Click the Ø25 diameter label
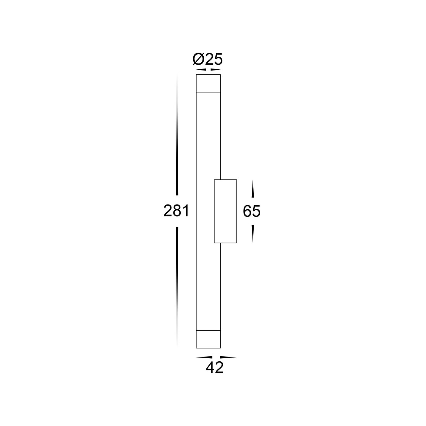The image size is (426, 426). click(208, 59)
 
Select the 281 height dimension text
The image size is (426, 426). click(176, 211)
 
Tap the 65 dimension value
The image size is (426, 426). click(252, 211)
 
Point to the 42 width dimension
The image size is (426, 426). click(215, 368)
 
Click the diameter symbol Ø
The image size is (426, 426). click(198, 59)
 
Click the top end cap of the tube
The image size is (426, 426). click(208, 83)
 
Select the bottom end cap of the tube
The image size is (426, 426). click(208, 339)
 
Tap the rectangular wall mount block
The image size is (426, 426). click(225, 211)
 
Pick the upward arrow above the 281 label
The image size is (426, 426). click(177, 135)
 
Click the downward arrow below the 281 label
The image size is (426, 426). click(177, 287)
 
